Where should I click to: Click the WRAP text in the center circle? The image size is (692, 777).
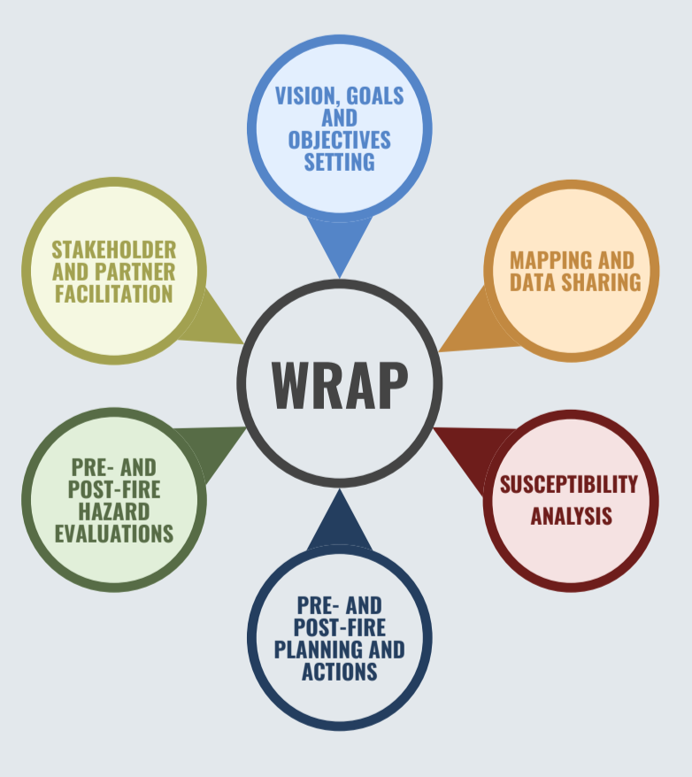(x=340, y=384)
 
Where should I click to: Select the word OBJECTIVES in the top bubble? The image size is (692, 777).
(x=340, y=140)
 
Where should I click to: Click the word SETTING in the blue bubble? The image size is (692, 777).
(x=340, y=162)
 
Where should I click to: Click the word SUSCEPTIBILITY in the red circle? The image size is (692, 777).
(x=568, y=485)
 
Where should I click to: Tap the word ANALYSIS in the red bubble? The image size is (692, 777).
(x=571, y=516)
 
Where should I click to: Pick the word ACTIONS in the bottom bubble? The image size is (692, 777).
(x=340, y=672)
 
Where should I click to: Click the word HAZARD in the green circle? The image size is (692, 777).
(x=114, y=512)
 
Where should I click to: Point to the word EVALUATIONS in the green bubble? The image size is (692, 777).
(x=114, y=534)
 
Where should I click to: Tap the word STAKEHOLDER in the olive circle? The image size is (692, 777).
(x=113, y=250)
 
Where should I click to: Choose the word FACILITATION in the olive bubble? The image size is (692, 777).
(x=114, y=294)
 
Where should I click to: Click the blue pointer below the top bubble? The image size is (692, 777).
(x=340, y=243)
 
